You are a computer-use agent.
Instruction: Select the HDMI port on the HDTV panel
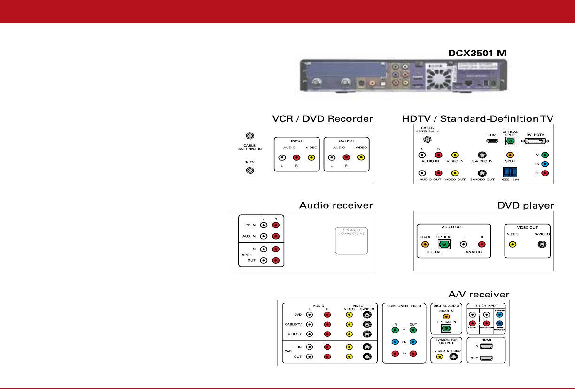492,141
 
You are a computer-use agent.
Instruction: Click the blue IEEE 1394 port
509,171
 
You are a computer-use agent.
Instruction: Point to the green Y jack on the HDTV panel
545,155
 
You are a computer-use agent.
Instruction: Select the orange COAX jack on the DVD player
425,244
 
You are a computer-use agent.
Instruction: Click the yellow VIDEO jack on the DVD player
513,244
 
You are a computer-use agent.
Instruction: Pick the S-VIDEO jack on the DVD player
542,244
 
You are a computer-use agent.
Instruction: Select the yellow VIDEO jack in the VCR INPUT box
311,158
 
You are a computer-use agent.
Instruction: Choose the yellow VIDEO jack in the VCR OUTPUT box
361,158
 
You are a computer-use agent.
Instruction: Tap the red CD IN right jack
276,225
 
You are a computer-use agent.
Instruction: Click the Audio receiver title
336,206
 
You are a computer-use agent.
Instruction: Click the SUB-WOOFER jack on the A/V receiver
499,323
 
